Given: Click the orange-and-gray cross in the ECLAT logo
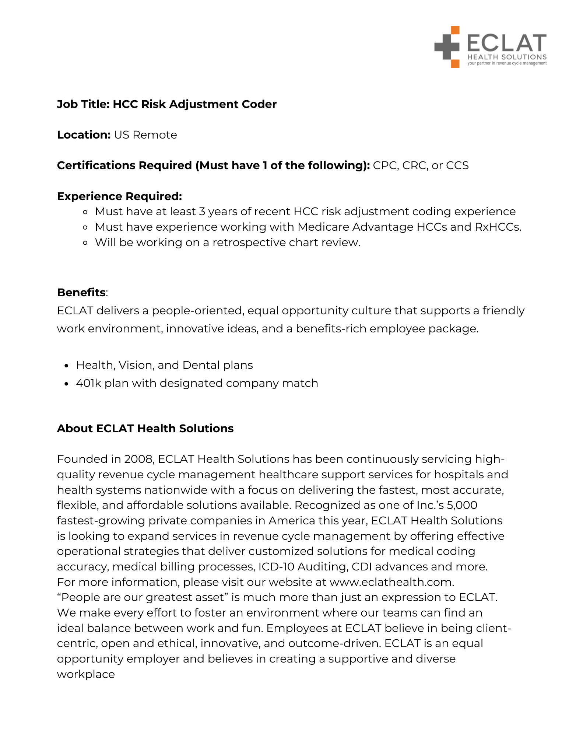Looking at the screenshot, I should click(x=447, y=47).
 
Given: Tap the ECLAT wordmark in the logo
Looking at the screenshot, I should click(x=507, y=43).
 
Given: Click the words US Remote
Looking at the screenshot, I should click(x=145, y=135).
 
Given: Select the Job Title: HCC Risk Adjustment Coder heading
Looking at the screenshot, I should click(x=166, y=104).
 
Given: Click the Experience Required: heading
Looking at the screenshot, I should click(x=119, y=196).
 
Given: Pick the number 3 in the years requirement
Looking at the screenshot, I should click(x=202, y=212).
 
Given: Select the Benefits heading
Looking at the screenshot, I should click(x=81, y=293).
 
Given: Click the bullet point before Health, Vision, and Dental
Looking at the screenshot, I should click(x=66, y=366).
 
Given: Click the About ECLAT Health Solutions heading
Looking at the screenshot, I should click(x=145, y=429).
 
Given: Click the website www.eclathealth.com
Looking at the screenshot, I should click(x=391, y=582).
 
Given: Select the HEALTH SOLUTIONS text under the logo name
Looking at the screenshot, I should click(x=507, y=57).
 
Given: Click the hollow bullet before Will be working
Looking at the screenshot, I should click(x=85, y=243).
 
